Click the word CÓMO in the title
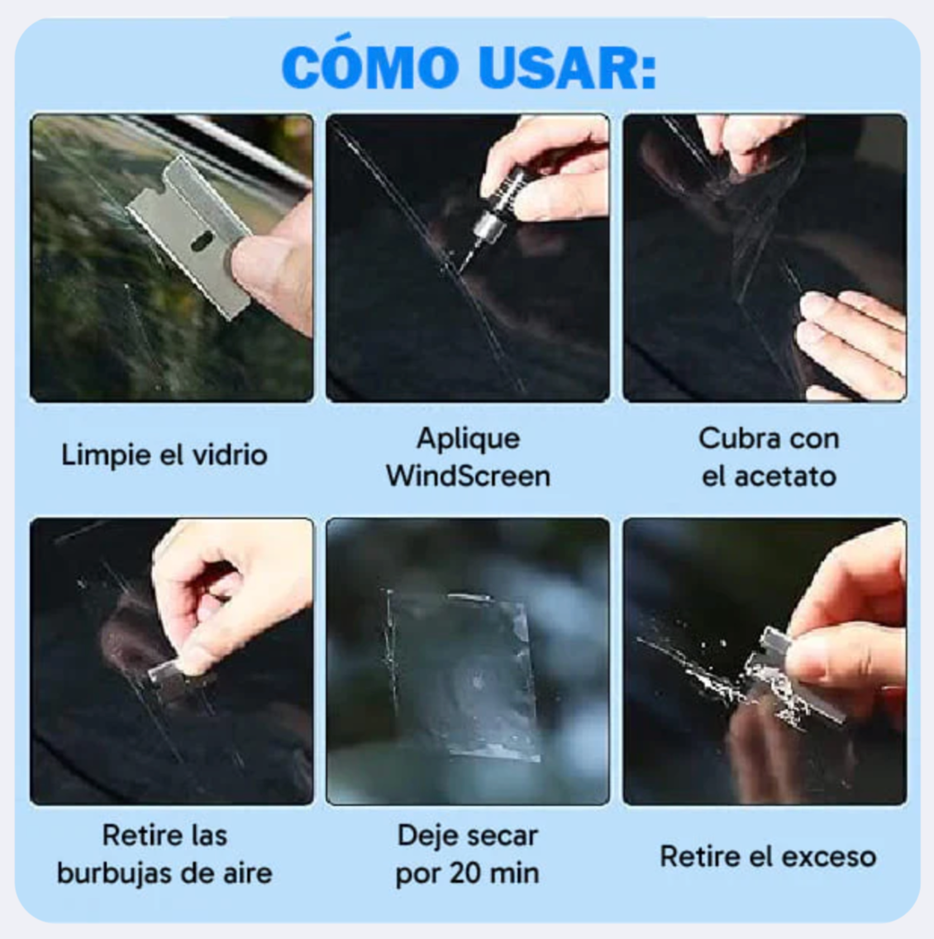tap(369, 68)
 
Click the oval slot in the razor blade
tap(201, 241)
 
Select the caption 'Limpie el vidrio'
tap(164, 455)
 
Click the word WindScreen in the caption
tap(468, 476)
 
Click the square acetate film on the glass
tap(463, 674)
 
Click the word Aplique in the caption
tap(468, 438)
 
